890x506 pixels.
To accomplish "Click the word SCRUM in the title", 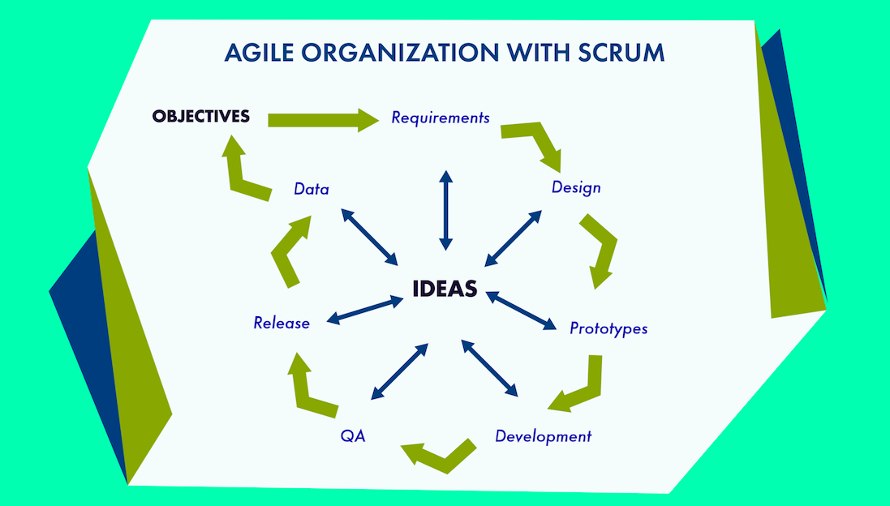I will tap(621, 53).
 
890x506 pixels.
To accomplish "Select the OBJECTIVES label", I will tap(200, 117).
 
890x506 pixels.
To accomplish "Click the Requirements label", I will tap(441, 118).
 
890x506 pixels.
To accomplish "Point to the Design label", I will tap(576, 187).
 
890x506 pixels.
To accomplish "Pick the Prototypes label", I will tap(608, 328).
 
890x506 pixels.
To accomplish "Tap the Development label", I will tap(544, 436).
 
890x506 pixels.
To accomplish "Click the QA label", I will tap(353, 436).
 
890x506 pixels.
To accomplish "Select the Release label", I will tap(282, 323).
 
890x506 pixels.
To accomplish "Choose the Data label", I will tap(312, 190).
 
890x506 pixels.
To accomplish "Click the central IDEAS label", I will tap(445, 289).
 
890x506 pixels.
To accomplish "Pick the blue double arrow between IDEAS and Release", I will tap(365, 311).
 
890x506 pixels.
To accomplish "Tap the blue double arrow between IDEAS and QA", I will tap(399, 371).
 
